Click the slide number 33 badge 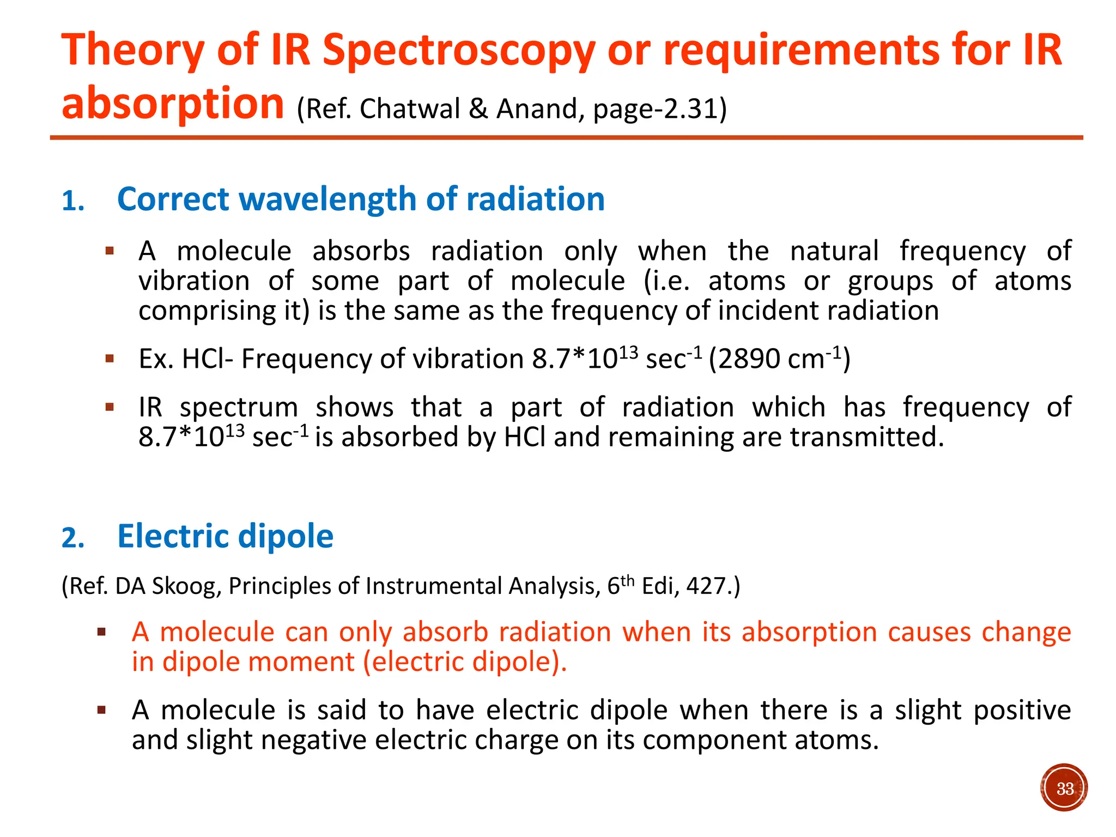click(1064, 788)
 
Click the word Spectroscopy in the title click(458, 51)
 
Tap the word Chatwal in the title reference click(410, 109)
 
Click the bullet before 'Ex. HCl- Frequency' click(110, 359)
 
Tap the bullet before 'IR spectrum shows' click(110, 407)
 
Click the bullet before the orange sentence click(101, 633)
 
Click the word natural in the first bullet click(834, 252)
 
